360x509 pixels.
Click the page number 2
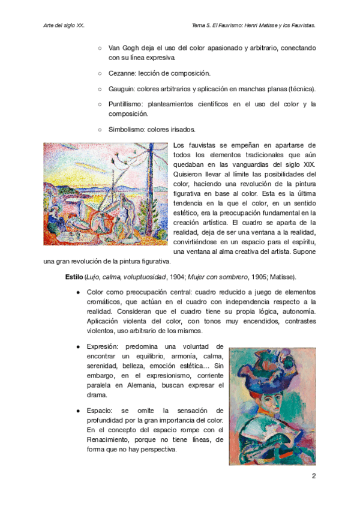coord(313,477)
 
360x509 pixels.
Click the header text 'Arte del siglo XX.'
coord(64,26)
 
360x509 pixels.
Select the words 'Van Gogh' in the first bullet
coord(123,47)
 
